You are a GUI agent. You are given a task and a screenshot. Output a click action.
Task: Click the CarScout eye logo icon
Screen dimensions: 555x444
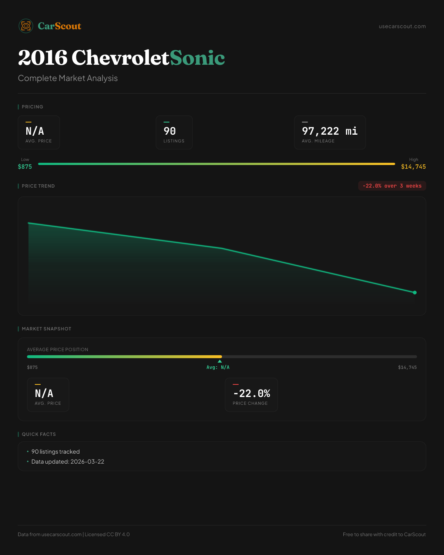[x=26, y=26]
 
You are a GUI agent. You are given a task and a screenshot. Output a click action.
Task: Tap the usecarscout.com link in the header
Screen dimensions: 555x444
[x=402, y=26]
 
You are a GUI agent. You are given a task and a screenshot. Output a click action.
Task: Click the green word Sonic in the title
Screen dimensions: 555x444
[x=197, y=58]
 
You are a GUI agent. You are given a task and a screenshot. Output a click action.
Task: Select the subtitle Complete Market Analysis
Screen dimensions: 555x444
[x=68, y=78]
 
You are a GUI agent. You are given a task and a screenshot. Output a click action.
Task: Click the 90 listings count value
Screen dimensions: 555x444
[x=170, y=131]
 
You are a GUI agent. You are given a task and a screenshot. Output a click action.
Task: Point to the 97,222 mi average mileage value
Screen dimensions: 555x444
[x=330, y=131]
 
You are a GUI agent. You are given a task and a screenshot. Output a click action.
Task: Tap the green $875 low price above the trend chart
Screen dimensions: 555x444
[x=25, y=166]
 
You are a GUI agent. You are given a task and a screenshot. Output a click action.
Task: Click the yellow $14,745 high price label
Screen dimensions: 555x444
[x=413, y=166]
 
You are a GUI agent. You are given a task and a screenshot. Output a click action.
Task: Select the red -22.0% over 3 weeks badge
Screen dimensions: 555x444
[x=392, y=186]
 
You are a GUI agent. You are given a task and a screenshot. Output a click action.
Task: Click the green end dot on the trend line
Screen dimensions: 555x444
[x=415, y=292]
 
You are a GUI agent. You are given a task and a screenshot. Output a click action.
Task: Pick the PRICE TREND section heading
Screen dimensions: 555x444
[x=38, y=186]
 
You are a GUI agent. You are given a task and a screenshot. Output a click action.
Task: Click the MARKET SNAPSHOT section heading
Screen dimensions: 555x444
[x=46, y=329]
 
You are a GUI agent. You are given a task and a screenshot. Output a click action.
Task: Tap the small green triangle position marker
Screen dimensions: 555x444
[x=220, y=361]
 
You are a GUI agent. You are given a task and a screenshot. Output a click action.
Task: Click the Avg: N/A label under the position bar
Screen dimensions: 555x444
[x=218, y=367]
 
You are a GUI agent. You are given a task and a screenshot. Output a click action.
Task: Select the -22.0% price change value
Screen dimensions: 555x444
[x=252, y=393]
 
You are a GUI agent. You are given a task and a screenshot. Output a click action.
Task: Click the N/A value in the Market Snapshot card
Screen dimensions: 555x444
[x=44, y=393]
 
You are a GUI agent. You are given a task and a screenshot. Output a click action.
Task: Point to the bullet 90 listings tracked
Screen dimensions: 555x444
[x=55, y=452]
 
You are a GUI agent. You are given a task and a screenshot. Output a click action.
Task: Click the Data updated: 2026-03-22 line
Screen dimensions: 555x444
[x=68, y=462]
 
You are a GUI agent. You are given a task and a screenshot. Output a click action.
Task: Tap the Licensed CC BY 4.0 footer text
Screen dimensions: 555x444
[x=107, y=534]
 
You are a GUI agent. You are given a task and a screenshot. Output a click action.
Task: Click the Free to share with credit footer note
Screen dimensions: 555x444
[x=384, y=534]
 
